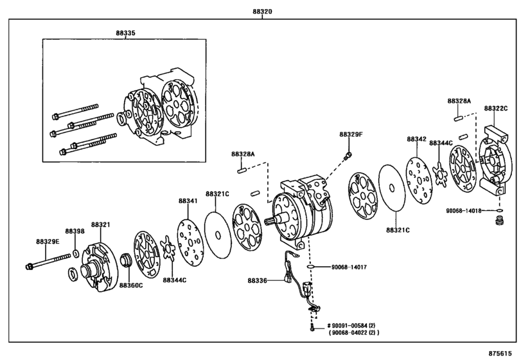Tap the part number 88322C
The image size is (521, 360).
point(495,109)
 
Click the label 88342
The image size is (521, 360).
point(416,138)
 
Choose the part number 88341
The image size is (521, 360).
point(188,201)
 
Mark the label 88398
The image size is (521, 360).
point(75,231)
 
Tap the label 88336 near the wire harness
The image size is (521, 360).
point(258,280)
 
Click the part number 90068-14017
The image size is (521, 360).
point(349,266)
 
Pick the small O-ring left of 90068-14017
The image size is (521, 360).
point(310,266)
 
